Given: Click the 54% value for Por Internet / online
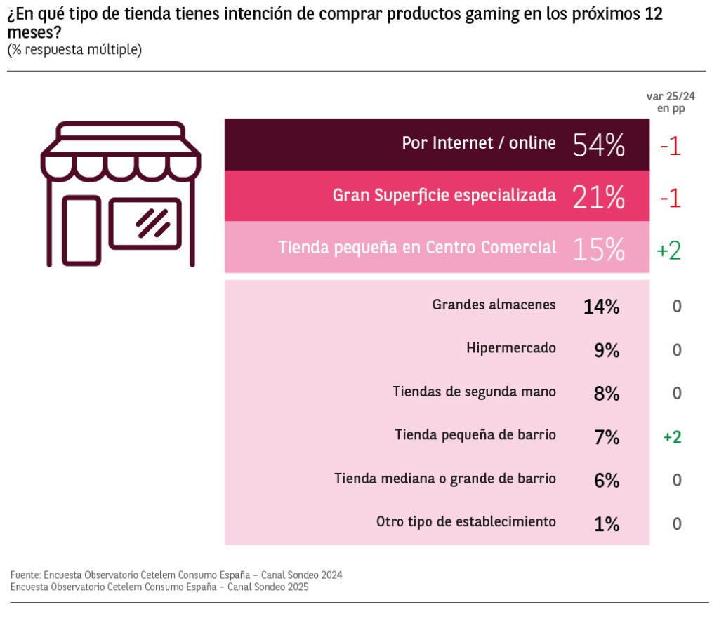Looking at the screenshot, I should pos(598,145).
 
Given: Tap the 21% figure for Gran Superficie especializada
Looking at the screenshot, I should pos(598,197).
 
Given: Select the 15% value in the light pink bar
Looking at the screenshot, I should pos(598,249).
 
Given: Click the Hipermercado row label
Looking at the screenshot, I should pos(510,348).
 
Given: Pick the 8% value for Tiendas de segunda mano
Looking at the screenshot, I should pos(606,393).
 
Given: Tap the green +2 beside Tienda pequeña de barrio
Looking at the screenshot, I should pos(672,437).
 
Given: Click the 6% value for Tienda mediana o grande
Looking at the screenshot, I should pos(606,481).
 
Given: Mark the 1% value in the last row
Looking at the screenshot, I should pos(606,524).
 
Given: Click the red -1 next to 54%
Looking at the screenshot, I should pos(671,147).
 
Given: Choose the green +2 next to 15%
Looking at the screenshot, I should pos(669,251).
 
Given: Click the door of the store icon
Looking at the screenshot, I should pos(81,231).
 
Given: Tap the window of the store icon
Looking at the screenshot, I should pos(145,223).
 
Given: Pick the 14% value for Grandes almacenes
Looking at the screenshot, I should pos(601,306).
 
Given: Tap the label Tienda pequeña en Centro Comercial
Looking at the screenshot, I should pos(417,248).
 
